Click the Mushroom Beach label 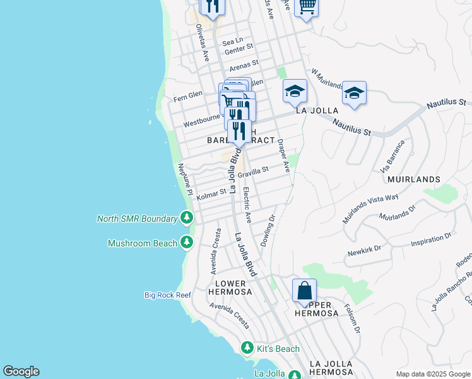coord(142,243)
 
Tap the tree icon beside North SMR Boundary coord(186,218)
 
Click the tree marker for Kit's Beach coord(247,347)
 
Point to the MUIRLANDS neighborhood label coord(415,179)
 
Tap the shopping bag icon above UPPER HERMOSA coord(304,291)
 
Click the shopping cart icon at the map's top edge coord(306,6)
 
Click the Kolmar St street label coord(211,195)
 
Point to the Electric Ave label coord(247,206)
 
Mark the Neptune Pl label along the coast coord(184,178)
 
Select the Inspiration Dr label coord(432,238)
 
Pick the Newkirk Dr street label coord(365,250)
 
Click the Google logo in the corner coord(21,371)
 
